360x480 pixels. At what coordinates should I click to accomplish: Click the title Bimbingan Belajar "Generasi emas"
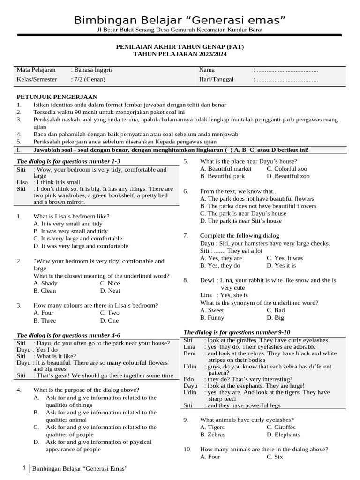(180, 20)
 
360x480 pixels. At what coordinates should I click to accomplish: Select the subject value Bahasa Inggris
(92, 70)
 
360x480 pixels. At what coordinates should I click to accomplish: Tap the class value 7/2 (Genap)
(88, 79)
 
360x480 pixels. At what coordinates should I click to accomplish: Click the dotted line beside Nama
(286, 70)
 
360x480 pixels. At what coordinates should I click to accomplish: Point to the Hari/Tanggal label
(216, 79)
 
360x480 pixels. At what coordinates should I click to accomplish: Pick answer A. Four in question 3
(44, 313)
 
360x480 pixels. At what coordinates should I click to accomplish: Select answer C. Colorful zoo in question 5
(287, 169)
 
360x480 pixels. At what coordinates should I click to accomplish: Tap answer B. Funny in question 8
(212, 317)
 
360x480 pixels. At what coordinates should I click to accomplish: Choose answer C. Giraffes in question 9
(281, 427)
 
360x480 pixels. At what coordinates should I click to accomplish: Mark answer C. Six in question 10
(275, 457)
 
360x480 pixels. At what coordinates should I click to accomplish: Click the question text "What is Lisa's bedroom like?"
(71, 216)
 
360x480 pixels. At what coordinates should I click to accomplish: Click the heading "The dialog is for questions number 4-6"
(68, 335)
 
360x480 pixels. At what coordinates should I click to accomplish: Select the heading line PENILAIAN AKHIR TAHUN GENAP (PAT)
(180, 47)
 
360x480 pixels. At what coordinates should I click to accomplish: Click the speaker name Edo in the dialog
(188, 379)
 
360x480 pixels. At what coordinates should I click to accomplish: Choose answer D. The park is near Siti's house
(241, 221)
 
